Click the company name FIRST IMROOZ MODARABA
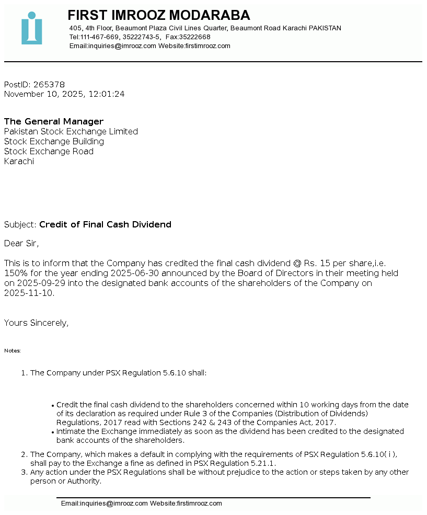click(159, 15)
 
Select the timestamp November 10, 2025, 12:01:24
click(64, 94)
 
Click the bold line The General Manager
click(54, 122)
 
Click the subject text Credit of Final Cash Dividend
click(105, 225)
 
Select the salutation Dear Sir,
click(21, 244)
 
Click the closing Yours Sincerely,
click(36, 323)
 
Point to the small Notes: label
click(13, 351)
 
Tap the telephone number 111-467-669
click(100, 37)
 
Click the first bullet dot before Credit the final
click(53, 405)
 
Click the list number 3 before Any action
click(24, 473)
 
